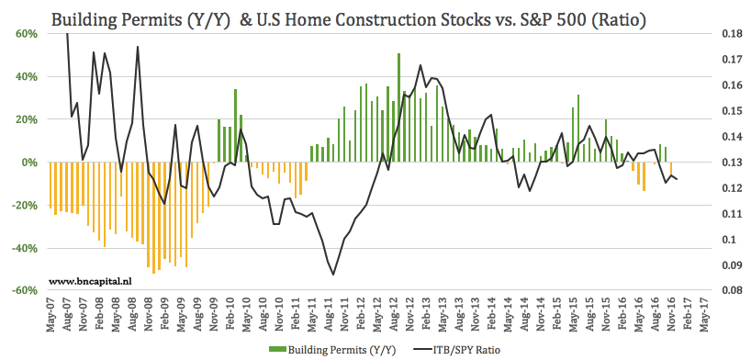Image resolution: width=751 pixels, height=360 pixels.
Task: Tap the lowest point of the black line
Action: (x=333, y=275)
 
